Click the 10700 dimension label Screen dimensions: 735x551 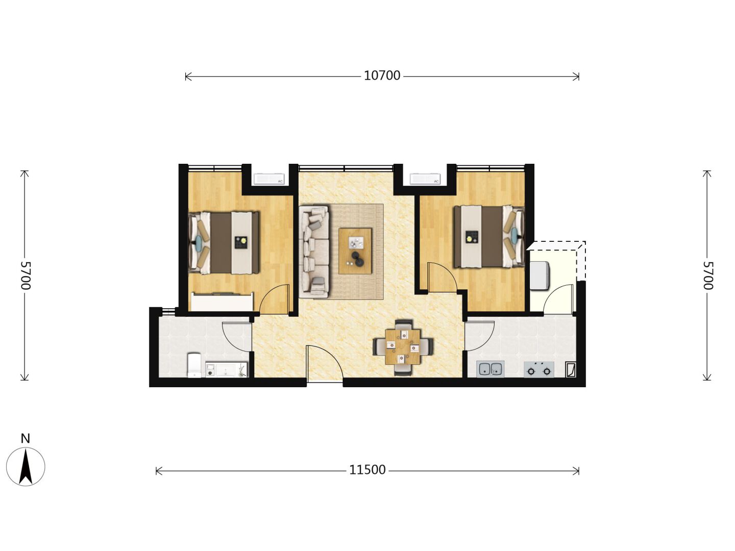coord(382,76)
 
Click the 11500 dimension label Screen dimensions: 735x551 coord(367,470)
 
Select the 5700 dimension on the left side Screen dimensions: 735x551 coord(26,275)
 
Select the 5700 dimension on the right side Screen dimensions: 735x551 coord(707,275)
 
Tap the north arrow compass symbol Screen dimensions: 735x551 coord(26,467)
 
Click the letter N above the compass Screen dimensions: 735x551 coord(26,438)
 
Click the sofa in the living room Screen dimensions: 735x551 coord(314,252)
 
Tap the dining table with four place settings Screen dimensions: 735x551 coord(403,347)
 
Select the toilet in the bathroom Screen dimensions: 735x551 coord(194,365)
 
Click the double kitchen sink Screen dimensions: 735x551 coord(491,369)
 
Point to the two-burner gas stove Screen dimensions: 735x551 coord(539,370)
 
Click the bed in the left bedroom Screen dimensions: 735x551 coord(224,242)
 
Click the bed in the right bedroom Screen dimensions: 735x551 coord(489,237)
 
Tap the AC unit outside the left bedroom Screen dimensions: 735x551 coord(269,179)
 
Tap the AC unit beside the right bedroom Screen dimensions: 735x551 coord(425,179)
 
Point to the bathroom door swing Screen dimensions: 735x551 coord(237,337)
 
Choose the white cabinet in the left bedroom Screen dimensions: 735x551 coord(222,302)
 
